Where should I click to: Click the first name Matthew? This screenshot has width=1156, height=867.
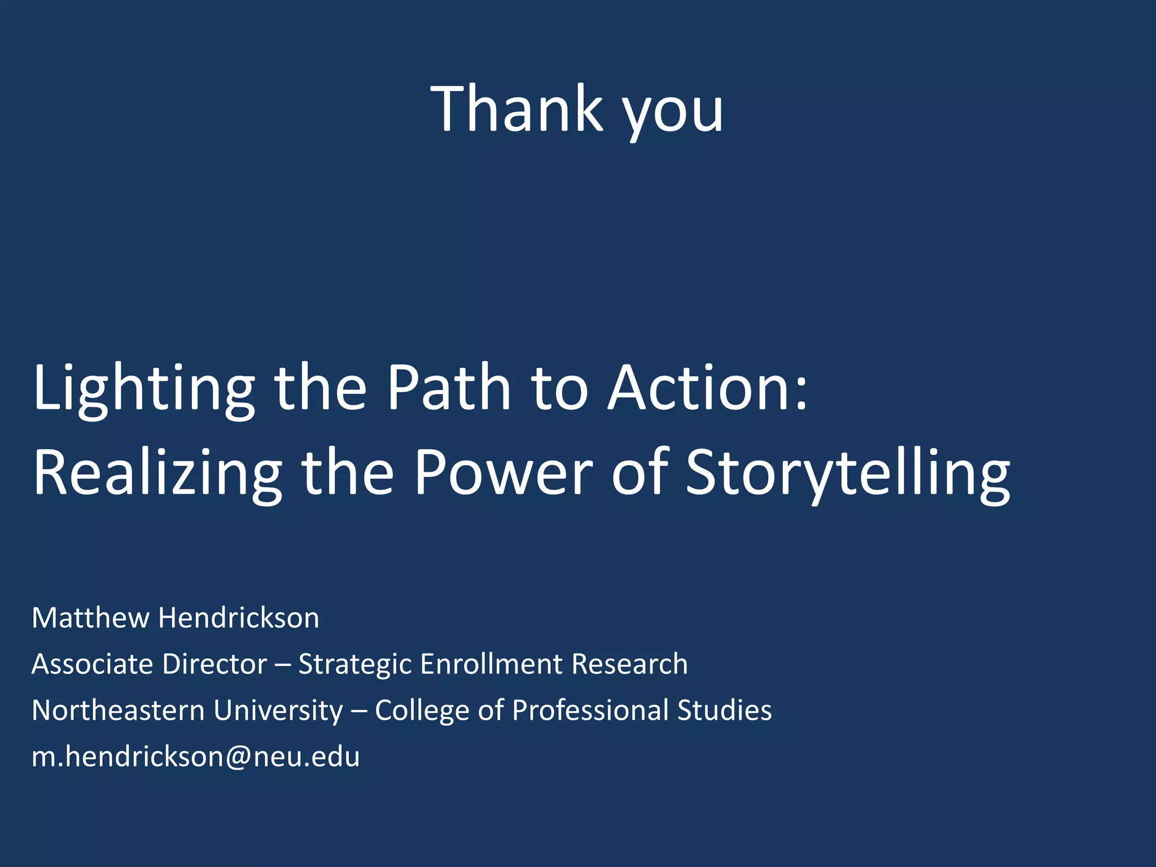coord(90,618)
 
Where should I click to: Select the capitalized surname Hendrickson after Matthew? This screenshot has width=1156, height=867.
coord(239,618)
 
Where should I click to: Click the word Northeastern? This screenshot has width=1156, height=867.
coord(118,710)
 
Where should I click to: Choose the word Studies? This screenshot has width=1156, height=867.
coord(724,710)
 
